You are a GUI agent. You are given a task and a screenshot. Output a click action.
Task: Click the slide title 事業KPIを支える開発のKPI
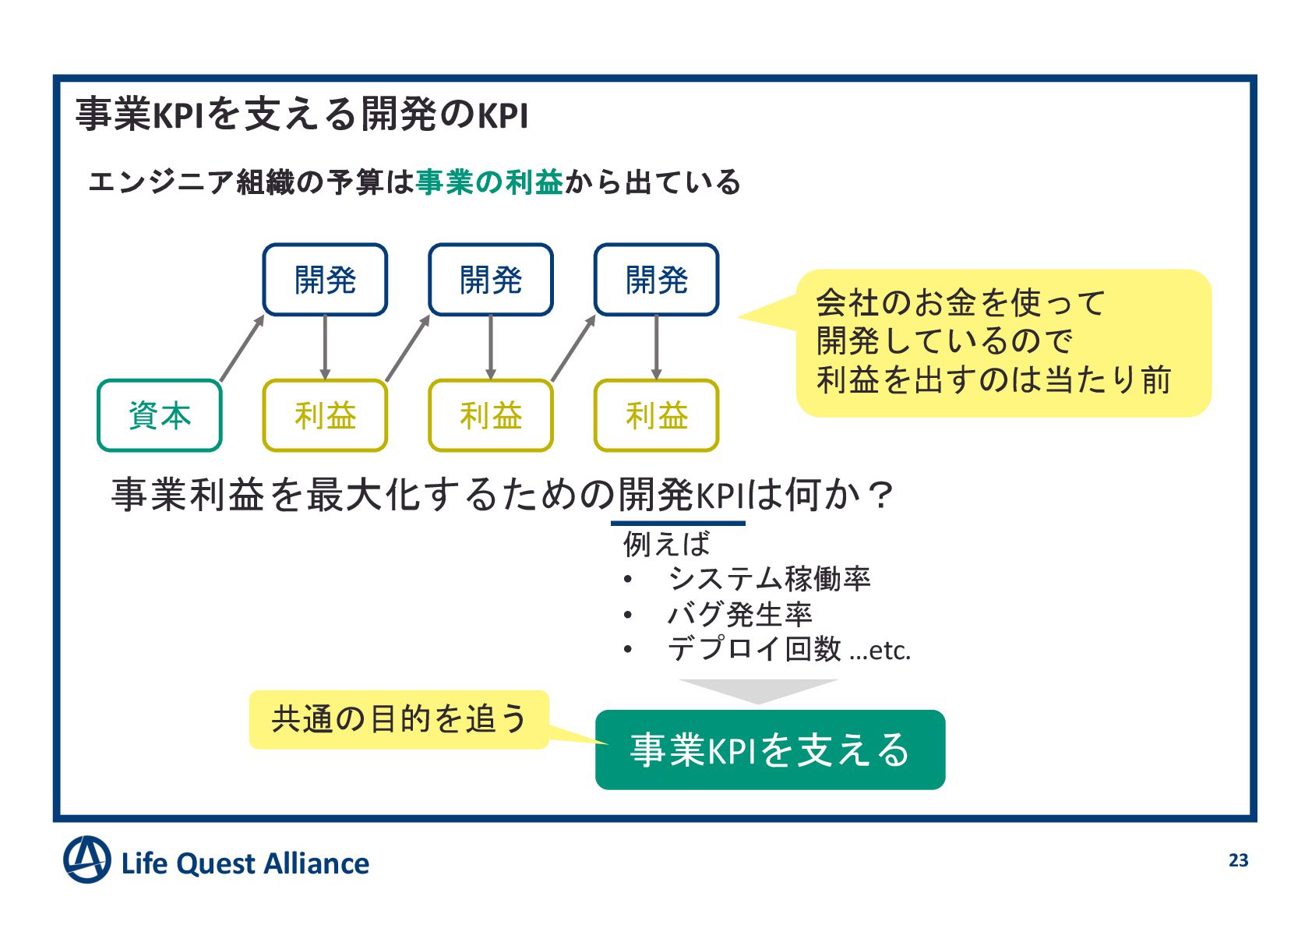[302, 115]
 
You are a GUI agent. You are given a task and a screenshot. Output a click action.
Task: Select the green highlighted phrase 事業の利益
[489, 182]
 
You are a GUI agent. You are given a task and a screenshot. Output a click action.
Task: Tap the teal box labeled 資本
[160, 415]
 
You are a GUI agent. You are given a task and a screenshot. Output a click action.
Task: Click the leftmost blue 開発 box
[325, 280]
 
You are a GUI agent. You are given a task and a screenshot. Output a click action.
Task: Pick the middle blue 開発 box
[491, 280]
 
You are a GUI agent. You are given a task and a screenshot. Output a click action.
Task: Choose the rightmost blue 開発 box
[656, 280]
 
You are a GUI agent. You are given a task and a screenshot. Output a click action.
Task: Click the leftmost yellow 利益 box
[325, 415]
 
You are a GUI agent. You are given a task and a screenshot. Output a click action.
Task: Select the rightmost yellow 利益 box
[656, 415]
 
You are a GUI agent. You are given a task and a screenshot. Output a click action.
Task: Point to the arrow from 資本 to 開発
[242, 348]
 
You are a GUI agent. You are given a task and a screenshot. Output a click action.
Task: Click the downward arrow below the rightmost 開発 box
[656, 348]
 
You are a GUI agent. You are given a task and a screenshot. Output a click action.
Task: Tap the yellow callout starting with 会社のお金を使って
[1003, 343]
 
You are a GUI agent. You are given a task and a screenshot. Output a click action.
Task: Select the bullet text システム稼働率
[769, 579]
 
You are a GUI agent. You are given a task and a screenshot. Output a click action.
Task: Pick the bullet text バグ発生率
[739, 614]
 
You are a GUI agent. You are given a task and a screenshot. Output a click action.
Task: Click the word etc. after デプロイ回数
[888, 650]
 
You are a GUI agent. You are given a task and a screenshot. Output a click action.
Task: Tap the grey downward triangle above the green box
[757, 690]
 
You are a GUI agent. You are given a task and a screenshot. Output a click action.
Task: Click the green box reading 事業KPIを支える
[770, 750]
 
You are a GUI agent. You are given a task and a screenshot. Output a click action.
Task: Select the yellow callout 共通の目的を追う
[399, 719]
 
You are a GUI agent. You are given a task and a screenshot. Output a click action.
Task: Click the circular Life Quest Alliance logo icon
[86, 860]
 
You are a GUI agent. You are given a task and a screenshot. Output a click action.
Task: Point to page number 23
[1238, 860]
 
